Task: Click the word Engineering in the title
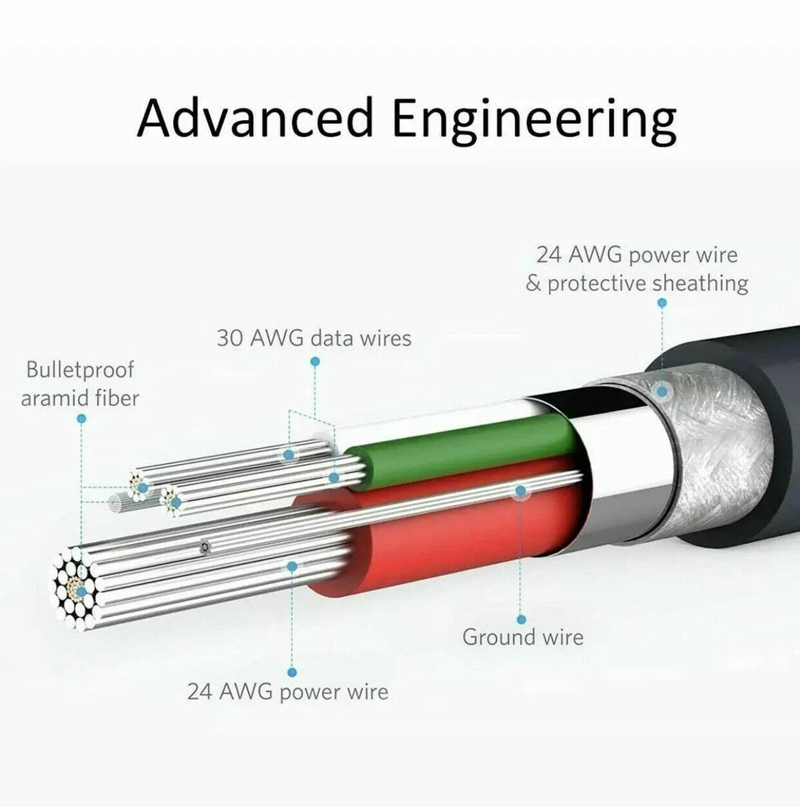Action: click(x=534, y=119)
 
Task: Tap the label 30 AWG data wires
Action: click(x=314, y=338)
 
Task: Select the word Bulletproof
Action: click(x=80, y=369)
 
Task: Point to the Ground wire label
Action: click(x=522, y=636)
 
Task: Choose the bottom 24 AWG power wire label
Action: click(x=288, y=692)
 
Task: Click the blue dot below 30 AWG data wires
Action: click(x=315, y=361)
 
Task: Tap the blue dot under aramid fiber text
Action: click(x=81, y=418)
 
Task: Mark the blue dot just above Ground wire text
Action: click(x=522, y=620)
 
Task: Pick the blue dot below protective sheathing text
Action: click(x=661, y=303)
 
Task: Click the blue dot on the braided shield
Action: click(x=662, y=391)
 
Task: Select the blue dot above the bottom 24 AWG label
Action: click(x=292, y=672)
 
